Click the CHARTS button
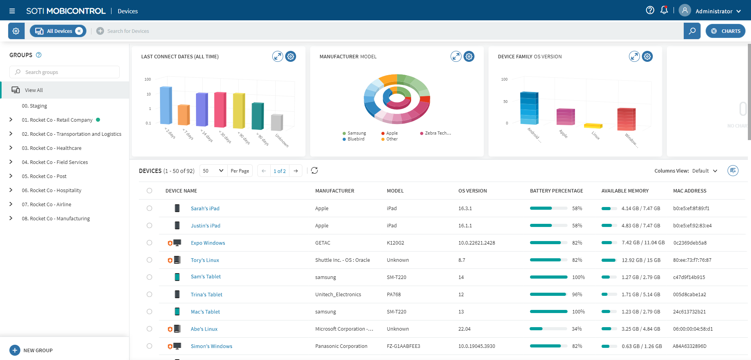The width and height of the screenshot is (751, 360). pos(726,31)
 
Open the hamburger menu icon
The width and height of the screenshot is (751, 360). pos(12,11)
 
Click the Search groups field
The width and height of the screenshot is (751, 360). pos(65,72)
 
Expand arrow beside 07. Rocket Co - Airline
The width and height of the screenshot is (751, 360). pos(11,204)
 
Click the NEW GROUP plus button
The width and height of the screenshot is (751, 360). pos(15,350)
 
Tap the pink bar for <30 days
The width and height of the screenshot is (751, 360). pos(220,110)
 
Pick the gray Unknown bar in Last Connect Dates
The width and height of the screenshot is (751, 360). pos(277,122)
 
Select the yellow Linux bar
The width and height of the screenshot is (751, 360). pos(593,126)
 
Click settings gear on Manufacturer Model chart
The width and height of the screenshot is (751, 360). pos(469,56)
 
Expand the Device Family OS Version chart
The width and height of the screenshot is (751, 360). pos(634,56)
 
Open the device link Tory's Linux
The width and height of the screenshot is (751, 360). pos(205,260)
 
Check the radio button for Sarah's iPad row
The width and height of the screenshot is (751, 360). pos(149,208)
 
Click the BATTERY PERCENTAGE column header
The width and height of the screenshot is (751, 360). pos(556,191)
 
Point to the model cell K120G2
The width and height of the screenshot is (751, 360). pos(395,243)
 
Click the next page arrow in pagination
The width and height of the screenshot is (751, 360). pos(296,171)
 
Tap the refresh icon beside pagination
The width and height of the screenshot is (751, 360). pos(314,171)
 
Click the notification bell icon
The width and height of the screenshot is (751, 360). pos(664,11)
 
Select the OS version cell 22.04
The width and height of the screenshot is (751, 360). pos(464,329)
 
